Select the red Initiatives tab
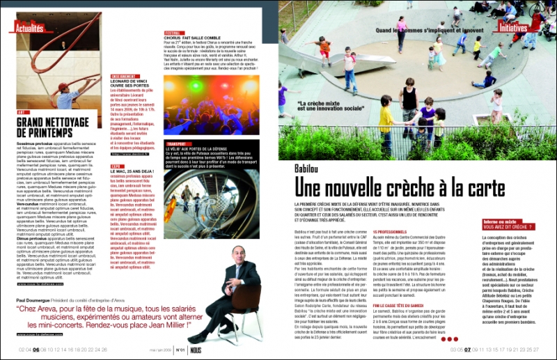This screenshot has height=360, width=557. pyautogui.click(x=513, y=28)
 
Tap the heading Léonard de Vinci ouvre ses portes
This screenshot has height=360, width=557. pyautogui.click(x=134, y=86)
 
